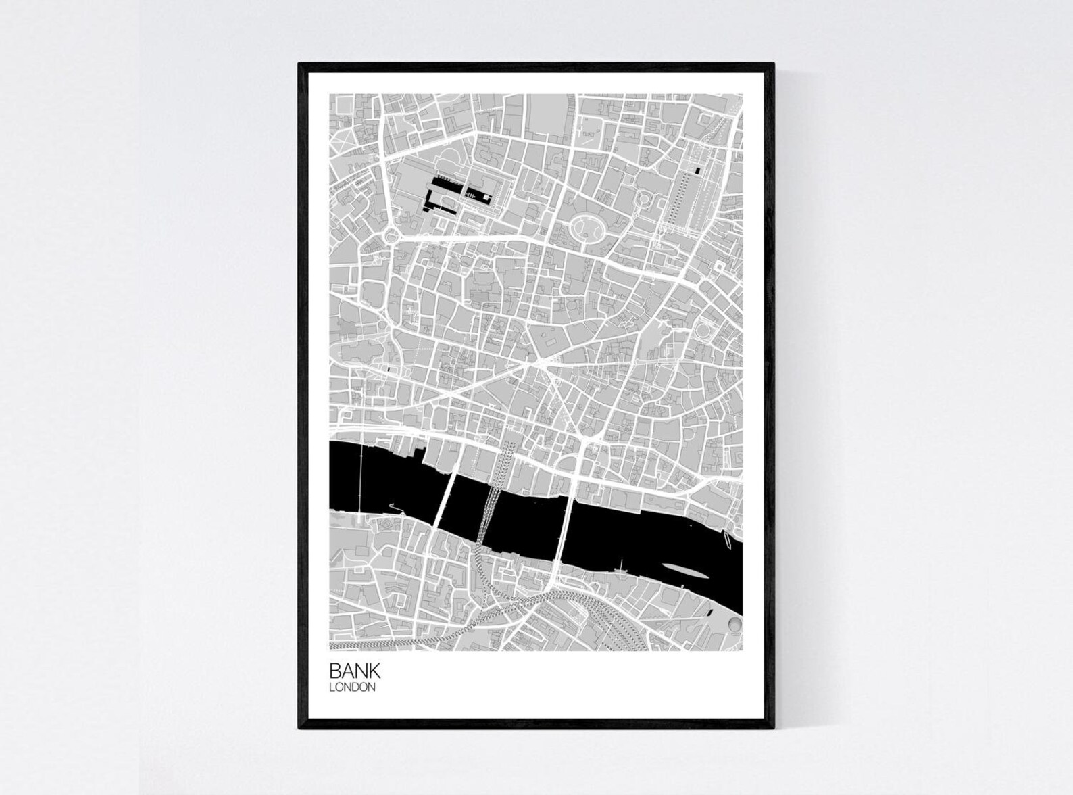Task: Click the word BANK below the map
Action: [x=355, y=671]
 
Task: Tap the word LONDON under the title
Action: [x=351, y=688]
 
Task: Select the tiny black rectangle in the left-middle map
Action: [x=390, y=370]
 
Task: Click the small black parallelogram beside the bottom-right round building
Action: [x=711, y=612]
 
